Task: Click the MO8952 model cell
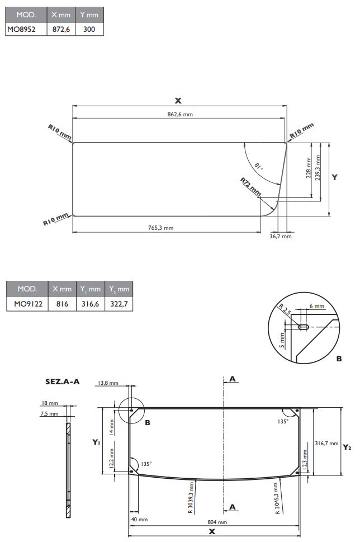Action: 21,29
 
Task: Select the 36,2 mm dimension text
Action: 281,237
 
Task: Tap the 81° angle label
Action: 258,166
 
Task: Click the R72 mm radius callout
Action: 251,186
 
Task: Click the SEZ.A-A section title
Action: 63,382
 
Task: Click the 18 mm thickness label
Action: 50,403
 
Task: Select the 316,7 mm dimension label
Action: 327,444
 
